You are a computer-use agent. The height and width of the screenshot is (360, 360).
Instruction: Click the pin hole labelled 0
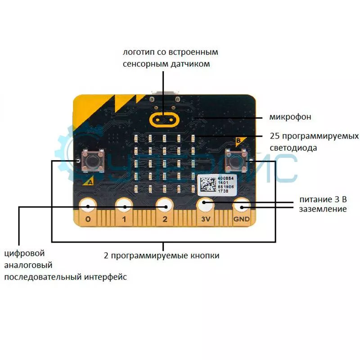click(x=87, y=207)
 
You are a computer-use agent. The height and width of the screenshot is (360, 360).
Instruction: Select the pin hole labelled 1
click(x=123, y=207)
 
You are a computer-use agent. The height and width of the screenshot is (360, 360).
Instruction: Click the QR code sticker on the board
click(x=207, y=185)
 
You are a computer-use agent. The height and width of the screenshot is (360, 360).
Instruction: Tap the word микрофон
click(x=290, y=117)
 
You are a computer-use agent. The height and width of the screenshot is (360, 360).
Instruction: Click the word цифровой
click(x=24, y=254)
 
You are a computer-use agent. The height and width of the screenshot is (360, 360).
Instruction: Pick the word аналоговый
click(x=28, y=265)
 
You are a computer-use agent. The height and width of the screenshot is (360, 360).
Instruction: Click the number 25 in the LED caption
click(x=274, y=136)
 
